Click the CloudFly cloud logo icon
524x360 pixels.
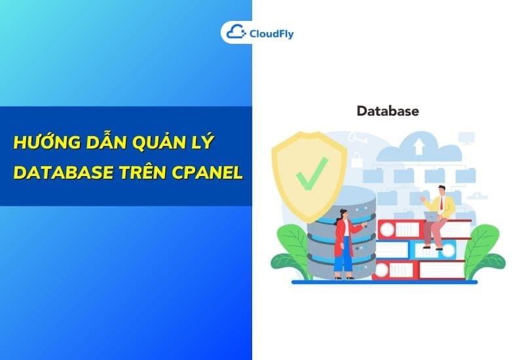(234, 32)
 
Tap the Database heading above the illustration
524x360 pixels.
(387, 111)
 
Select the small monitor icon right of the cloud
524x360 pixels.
(466, 137)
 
